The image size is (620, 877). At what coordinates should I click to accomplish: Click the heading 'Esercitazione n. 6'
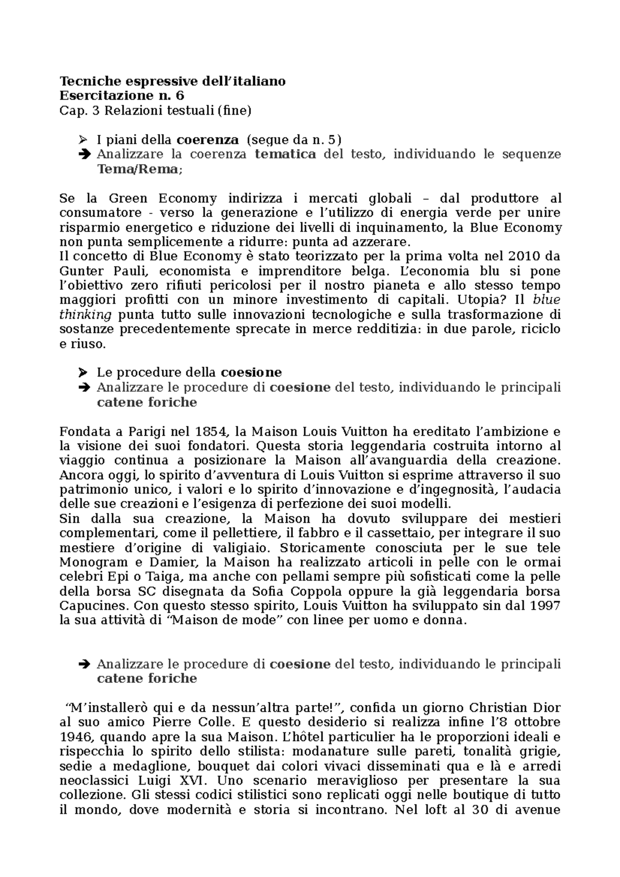pyautogui.click(x=122, y=96)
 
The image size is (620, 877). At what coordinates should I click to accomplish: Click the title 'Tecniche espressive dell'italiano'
pyautogui.click(x=173, y=81)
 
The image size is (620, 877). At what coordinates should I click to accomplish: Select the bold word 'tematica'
pyautogui.click(x=285, y=154)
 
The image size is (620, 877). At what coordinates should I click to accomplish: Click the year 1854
pyautogui.click(x=211, y=431)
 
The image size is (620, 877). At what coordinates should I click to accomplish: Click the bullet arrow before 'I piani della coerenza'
pyautogui.click(x=82, y=139)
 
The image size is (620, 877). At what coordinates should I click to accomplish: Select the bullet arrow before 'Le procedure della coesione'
pyautogui.click(x=82, y=372)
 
